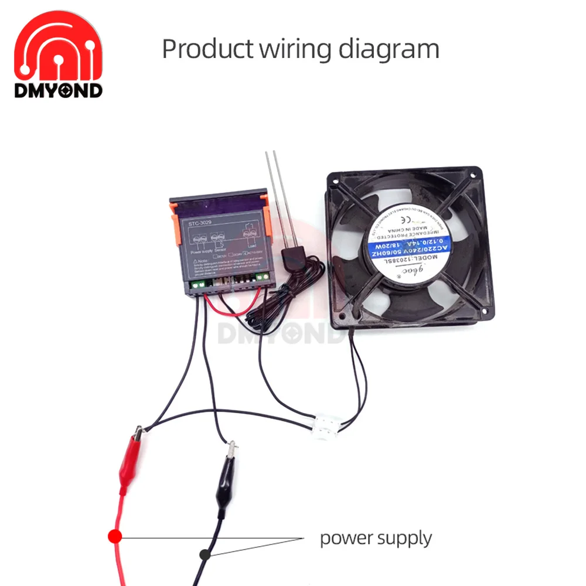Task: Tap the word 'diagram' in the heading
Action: pos(389,49)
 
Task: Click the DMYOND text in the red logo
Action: pos(59,90)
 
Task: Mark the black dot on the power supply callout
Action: pos(205,553)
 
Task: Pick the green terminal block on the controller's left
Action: pos(197,285)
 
